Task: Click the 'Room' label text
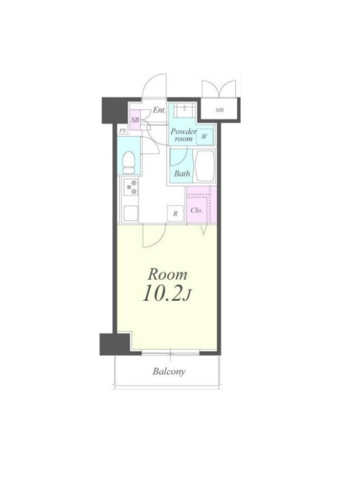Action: pyautogui.click(x=167, y=275)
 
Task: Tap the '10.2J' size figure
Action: pyautogui.click(x=167, y=293)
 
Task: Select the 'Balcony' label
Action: pyautogui.click(x=169, y=371)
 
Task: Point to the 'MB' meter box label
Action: pyautogui.click(x=219, y=110)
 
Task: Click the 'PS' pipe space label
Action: pyautogui.click(x=122, y=131)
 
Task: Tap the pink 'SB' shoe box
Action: pyautogui.click(x=134, y=119)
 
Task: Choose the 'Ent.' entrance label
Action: pyautogui.click(x=159, y=110)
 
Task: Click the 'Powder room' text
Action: pyautogui.click(x=184, y=135)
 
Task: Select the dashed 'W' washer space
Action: pyautogui.click(x=204, y=137)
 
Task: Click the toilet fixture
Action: pyautogui.click(x=129, y=163)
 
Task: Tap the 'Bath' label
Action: pyautogui.click(x=182, y=173)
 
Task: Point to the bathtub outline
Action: pyautogui.click(x=205, y=166)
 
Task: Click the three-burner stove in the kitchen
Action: pyautogui.click(x=131, y=187)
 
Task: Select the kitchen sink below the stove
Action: pyautogui.click(x=131, y=213)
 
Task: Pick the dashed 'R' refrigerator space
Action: pyautogui.click(x=175, y=214)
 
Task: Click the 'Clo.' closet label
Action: pyautogui.click(x=196, y=211)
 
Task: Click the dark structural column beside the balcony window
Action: pyautogui.click(x=115, y=344)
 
